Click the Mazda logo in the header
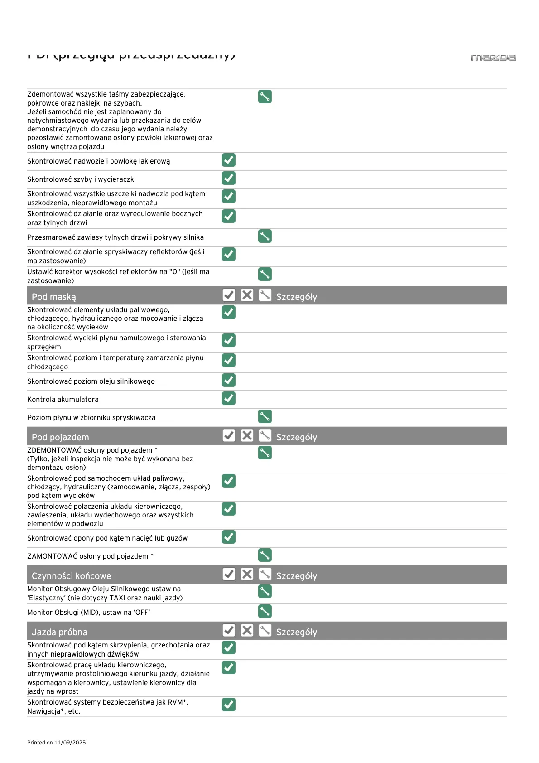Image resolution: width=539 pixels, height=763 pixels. [x=493, y=58]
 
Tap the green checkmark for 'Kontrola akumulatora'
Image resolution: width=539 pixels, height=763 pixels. [x=229, y=398]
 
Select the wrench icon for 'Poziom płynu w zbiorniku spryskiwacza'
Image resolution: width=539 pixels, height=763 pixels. [x=265, y=416]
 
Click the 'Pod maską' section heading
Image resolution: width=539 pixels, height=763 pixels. [x=54, y=297]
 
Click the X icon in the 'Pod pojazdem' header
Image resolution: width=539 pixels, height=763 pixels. [x=247, y=435]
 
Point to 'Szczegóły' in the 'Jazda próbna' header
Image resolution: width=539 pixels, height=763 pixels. [x=297, y=632]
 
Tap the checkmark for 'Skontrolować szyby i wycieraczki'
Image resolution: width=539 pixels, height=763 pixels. [x=229, y=178]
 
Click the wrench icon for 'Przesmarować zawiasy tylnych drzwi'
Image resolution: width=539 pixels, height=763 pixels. [x=265, y=236]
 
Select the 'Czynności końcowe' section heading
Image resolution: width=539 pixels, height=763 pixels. [x=71, y=576]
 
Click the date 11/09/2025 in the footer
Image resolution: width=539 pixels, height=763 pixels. [x=70, y=743]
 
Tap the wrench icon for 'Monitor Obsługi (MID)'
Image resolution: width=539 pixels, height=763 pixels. [x=265, y=611]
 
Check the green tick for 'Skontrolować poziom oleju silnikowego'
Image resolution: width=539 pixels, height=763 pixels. [x=229, y=380]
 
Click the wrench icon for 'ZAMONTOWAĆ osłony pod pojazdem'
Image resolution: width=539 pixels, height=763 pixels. [x=265, y=555]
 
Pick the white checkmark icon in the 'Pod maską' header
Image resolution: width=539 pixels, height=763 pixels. [x=229, y=295]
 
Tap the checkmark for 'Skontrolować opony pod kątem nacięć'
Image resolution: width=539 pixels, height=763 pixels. [x=229, y=537]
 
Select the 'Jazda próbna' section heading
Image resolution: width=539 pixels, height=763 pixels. [x=59, y=632]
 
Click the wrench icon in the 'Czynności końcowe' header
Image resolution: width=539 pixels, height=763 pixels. [x=265, y=574]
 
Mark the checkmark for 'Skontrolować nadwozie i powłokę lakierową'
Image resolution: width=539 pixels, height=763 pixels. [x=229, y=160]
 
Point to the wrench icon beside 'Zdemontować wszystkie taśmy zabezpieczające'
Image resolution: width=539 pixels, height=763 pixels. [x=265, y=97]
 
